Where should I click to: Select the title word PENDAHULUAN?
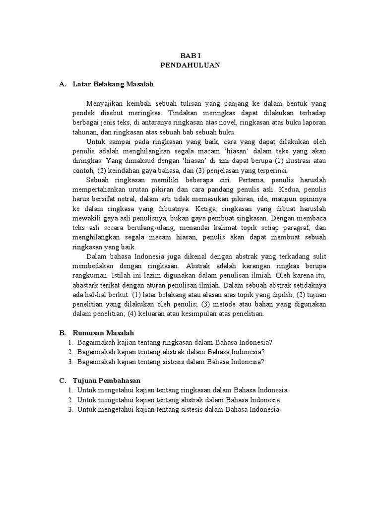pos(190,65)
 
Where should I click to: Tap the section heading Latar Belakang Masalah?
pos(113,84)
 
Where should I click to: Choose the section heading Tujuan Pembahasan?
pos(107,380)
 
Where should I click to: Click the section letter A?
pos(62,84)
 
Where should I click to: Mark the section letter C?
pos(62,380)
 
